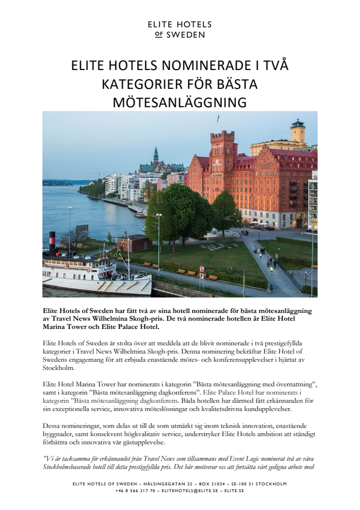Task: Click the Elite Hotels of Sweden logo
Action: (x=180, y=29)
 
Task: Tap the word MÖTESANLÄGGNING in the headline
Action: (x=180, y=102)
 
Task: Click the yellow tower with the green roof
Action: (x=298, y=131)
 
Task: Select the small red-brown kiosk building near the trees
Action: (x=135, y=242)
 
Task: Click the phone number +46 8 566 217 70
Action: (x=135, y=490)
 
